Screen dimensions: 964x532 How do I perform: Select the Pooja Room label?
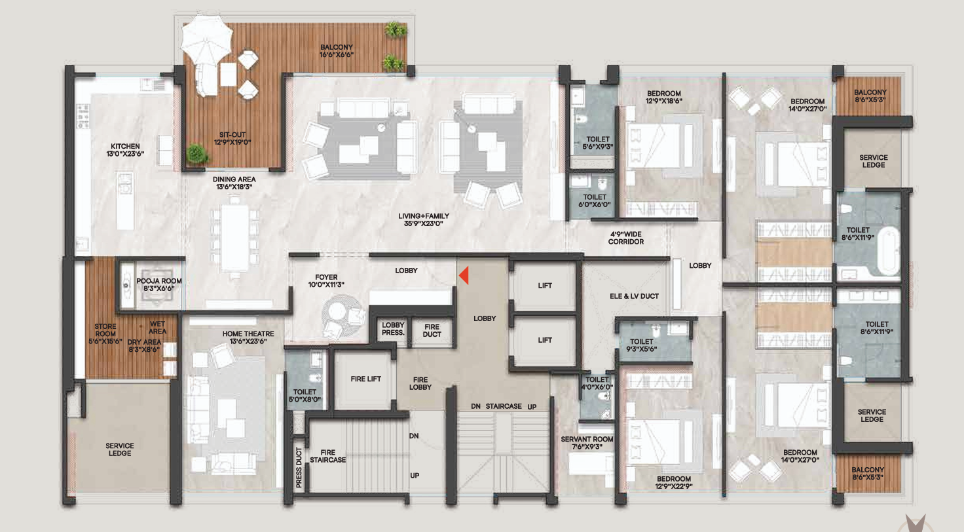tap(158, 284)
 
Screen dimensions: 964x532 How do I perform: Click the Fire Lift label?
tap(366, 379)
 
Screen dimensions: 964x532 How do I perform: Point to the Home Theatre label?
tap(248, 337)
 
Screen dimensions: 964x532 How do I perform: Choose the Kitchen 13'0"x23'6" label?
tap(125, 150)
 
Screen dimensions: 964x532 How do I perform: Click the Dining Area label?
tap(234, 183)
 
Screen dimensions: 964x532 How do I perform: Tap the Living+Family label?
tap(424, 219)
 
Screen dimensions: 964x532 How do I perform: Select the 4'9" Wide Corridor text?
tap(626, 238)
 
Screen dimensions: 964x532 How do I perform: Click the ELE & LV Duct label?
tap(634, 296)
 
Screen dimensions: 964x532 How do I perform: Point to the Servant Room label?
tap(587, 443)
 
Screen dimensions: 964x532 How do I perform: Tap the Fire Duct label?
tap(432, 331)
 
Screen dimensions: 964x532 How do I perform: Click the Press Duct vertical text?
tap(299, 467)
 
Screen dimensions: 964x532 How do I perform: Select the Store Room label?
tap(105, 333)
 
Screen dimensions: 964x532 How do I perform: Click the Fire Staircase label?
tap(328, 456)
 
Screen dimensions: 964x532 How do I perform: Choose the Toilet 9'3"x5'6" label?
tap(642, 345)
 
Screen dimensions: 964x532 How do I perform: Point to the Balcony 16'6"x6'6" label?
tap(337, 51)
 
